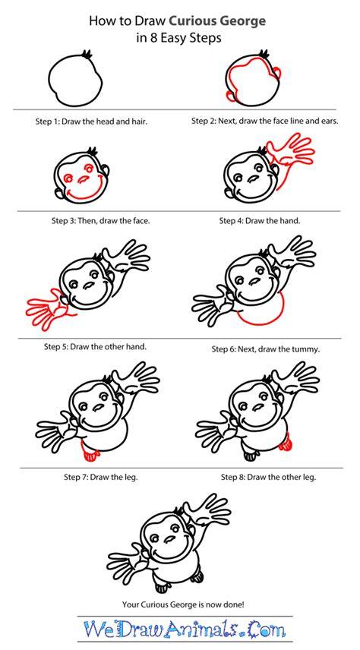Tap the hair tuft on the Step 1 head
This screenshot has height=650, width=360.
pos(87,54)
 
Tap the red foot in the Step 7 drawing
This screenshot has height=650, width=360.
pos(90,454)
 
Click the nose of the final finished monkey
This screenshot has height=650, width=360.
pos(169,539)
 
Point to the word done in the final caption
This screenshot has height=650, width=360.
pos(234,604)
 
